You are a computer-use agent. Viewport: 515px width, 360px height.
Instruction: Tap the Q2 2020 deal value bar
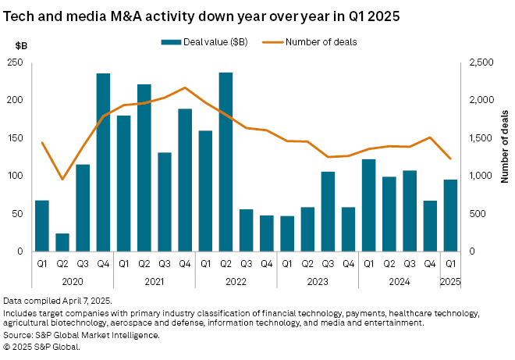[x=62, y=242]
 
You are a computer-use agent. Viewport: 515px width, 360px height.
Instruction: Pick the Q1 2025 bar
[x=451, y=216]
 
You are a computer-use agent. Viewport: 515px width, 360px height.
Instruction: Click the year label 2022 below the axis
[x=236, y=283]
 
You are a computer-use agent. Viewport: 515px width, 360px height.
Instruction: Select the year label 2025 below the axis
[x=451, y=283]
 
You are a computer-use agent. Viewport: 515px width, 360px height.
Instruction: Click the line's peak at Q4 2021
[x=185, y=87]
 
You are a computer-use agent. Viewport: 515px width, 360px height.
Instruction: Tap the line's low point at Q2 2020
[x=62, y=180]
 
